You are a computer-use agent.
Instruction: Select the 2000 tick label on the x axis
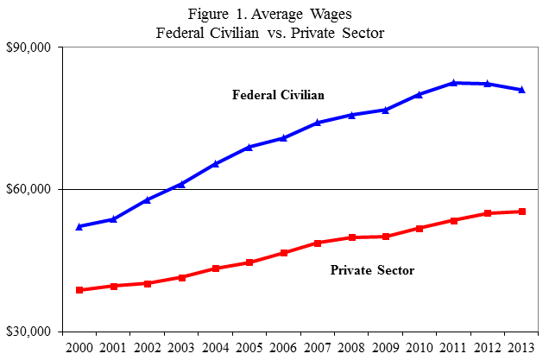pyautogui.click(x=79, y=347)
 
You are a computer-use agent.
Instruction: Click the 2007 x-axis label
pyautogui.click(x=318, y=347)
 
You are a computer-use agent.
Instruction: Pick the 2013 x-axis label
pyautogui.click(x=522, y=347)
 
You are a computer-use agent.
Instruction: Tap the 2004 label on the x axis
pyautogui.click(x=216, y=347)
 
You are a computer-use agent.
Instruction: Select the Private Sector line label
pyautogui.click(x=373, y=271)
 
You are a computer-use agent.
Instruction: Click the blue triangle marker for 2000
pyautogui.click(x=79, y=226)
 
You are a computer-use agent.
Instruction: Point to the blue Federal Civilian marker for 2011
pyautogui.click(x=454, y=83)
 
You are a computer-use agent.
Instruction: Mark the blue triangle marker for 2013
pyautogui.click(x=522, y=90)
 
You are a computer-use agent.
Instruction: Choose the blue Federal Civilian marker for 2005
pyautogui.click(x=249, y=147)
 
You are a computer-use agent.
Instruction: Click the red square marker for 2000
pyautogui.click(x=79, y=290)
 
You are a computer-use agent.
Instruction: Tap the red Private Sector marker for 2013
pyautogui.click(x=522, y=212)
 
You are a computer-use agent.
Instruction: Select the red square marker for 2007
pyautogui.click(x=318, y=243)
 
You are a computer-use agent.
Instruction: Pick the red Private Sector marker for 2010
pyautogui.click(x=420, y=228)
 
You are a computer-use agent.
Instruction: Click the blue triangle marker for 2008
pyautogui.click(x=351, y=115)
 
